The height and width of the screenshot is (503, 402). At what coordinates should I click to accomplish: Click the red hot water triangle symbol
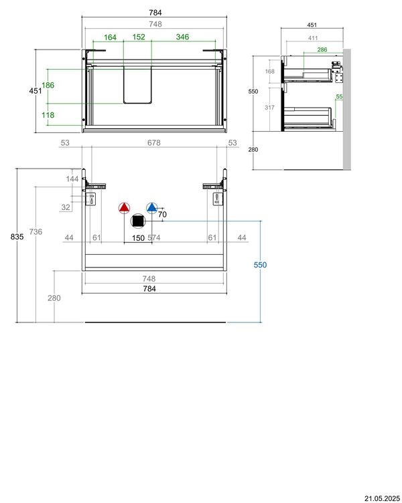pyautogui.click(x=124, y=208)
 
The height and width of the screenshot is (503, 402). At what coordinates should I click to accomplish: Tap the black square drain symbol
pyautogui.click(x=138, y=221)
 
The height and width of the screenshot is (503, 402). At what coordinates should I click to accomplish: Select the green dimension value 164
pyautogui.click(x=110, y=37)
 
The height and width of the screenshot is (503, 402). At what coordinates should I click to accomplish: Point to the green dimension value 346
pyautogui.click(x=182, y=37)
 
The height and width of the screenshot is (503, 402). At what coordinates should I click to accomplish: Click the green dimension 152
pyautogui.click(x=139, y=37)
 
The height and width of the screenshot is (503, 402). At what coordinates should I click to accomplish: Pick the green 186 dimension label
pyautogui.click(x=48, y=86)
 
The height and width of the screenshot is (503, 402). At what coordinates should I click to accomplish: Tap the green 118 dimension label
pyautogui.click(x=48, y=115)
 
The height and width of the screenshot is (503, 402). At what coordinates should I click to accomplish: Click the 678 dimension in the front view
pyautogui.click(x=153, y=143)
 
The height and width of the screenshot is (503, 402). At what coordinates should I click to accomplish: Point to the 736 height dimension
pyautogui.click(x=36, y=231)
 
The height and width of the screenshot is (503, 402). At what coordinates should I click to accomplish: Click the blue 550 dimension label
pyautogui.click(x=260, y=266)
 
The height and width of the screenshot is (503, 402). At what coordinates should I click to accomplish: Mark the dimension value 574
pyautogui.click(x=154, y=237)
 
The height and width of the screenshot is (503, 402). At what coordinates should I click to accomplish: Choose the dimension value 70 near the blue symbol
pyautogui.click(x=161, y=215)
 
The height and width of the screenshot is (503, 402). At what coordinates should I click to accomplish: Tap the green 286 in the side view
pyautogui.click(x=322, y=49)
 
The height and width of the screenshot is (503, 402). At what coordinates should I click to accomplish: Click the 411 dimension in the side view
pyautogui.click(x=312, y=38)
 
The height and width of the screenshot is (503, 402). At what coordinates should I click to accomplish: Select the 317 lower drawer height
pyautogui.click(x=271, y=108)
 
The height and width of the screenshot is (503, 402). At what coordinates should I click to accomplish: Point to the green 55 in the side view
pyautogui.click(x=339, y=97)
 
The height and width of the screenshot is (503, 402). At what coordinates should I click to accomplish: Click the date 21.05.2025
pyautogui.click(x=382, y=498)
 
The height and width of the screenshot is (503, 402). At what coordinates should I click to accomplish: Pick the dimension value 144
pyautogui.click(x=72, y=179)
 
